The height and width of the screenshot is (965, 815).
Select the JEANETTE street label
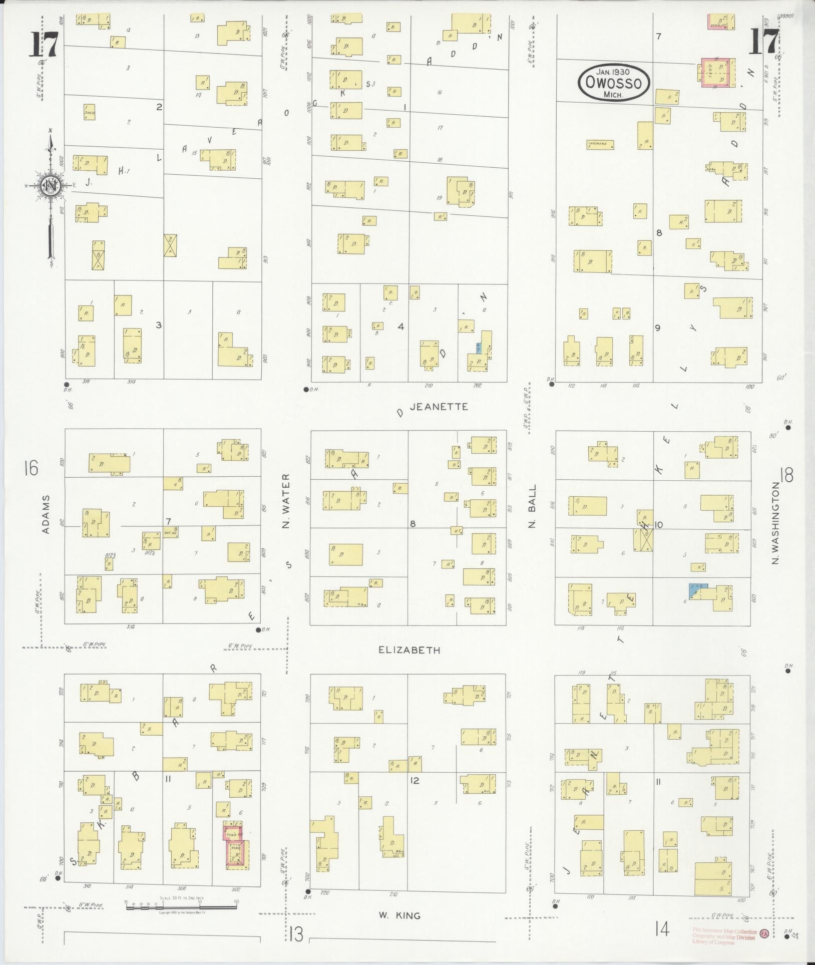pos(439,407)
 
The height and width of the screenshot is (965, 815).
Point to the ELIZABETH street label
pos(409,651)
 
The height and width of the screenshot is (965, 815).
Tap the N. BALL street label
pos(532,506)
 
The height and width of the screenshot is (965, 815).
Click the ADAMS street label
pos(46,514)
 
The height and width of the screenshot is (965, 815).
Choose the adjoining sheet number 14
pos(661,930)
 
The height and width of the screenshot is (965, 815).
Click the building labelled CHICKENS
pos(600,145)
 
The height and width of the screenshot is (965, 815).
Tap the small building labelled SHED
pos(89,112)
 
